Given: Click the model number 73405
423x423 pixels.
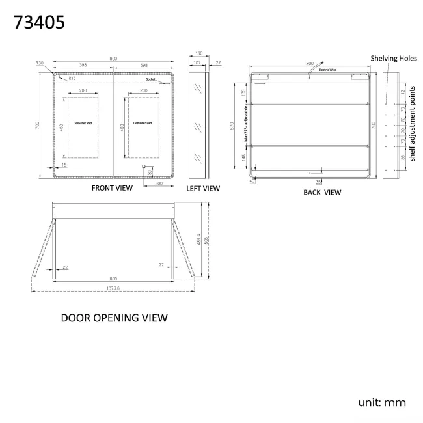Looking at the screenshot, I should click(x=38, y=23).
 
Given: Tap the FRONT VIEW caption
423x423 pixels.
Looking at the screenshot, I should click(x=112, y=188).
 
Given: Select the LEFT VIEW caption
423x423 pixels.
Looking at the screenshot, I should click(x=203, y=188).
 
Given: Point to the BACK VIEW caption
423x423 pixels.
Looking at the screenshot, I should click(x=322, y=192).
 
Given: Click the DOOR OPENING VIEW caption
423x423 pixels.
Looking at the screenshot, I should click(x=114, y=318).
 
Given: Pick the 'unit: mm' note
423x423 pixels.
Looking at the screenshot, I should click(x=381, y=402).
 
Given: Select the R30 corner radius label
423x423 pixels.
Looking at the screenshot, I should click(x=40, y=63).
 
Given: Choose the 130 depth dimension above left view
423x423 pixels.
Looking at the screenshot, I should click(x=198, y=55).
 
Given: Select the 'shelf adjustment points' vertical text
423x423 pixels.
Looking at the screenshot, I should click(x=412, y=123).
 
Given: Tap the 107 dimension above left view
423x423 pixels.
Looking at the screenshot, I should click(x=195, y=63).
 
